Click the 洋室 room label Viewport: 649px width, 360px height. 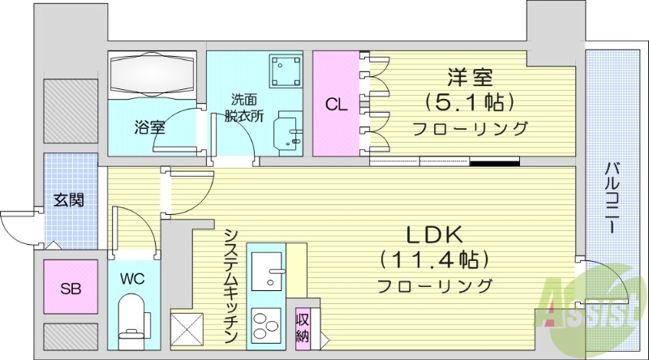click(470, 79)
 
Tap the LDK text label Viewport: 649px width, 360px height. click(434, 235)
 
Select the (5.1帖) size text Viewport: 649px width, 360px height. click(470, 104)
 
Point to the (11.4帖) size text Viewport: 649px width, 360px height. click(434, 260)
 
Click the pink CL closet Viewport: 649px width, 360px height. click(336, 104)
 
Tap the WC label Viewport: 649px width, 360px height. click(133, 279)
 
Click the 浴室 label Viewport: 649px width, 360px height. click(150, 126)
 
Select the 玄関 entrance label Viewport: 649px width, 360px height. click(69, 200)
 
